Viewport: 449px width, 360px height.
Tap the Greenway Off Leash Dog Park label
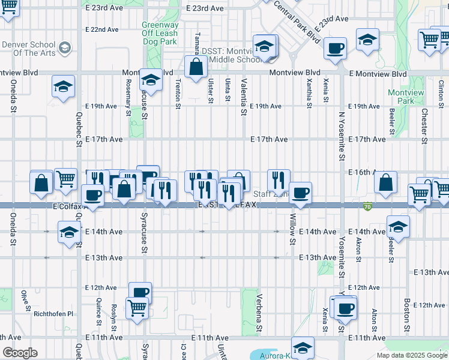160,34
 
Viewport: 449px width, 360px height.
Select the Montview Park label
405,97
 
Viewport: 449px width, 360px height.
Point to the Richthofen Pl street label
53,314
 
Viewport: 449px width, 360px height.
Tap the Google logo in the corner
20,353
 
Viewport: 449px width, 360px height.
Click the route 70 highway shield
367,207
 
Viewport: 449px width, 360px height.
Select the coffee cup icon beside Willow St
300,193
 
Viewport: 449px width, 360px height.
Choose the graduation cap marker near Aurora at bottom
303,347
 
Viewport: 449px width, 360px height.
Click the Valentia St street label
244,97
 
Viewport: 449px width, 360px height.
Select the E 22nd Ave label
102,29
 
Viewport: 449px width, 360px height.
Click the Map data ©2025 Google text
412,355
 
